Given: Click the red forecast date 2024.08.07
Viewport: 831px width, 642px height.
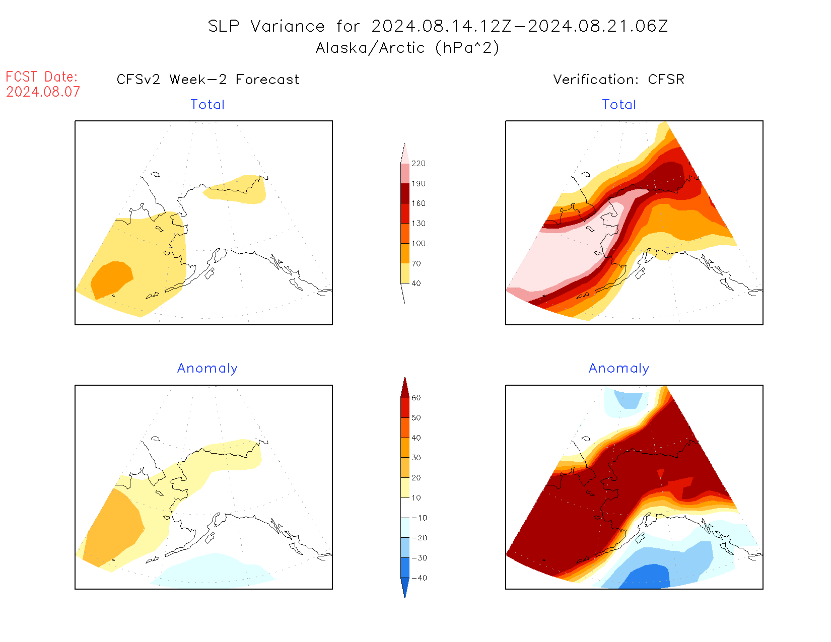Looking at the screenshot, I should pyautogui.click(x=43, y=92).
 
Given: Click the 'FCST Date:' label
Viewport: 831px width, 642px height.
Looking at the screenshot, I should pyautogui.click(x=42, y=77).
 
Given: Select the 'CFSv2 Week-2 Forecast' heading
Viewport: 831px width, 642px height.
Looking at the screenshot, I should pyautogui.click(x=207, y=80).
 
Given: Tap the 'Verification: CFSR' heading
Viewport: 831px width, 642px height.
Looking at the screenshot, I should pyautogui.click(x=618, y=80).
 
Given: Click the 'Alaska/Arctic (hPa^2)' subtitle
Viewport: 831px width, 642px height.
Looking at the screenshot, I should pyautogui.click(x=407, y=48).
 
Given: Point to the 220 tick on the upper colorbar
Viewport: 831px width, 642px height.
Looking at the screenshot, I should pyautogui.click(x=418, y=164).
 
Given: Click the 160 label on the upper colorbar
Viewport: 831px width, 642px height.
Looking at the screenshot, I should pyautogui.click(x=418, y=203).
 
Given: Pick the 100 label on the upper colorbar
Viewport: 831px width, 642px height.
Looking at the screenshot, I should pyautogui.click(x=418, y=243).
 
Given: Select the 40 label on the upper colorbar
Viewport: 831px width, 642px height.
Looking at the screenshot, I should pyautogui.click(x=416, y=283).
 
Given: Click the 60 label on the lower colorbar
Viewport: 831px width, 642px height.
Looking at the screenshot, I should pyautogui.click(x=416, y=398).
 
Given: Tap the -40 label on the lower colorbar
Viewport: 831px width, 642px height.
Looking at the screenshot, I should pyautogui.click(x=419, y=578).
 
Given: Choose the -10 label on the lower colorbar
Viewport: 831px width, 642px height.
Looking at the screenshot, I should pyautogui.click(x=419, y=518).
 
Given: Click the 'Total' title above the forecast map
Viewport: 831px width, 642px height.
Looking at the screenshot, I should pyautogui.click(x=207, y=105).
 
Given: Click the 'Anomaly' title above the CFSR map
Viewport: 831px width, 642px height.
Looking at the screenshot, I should pyautogui.click(x=618, y=369).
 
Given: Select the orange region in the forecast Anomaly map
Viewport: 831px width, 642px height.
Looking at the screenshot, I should pyautogui.click(x=113, y=529).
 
